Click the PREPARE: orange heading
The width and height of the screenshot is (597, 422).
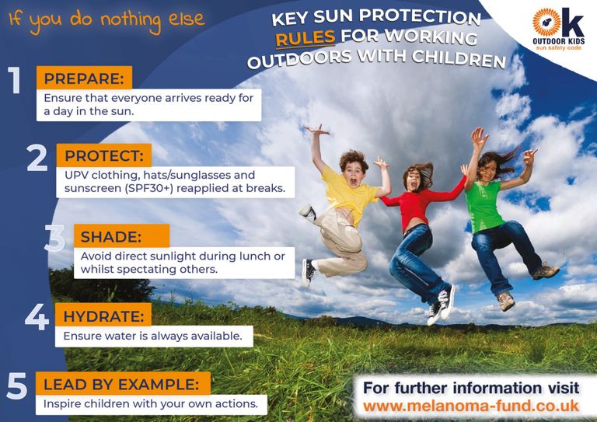tap(84, 78)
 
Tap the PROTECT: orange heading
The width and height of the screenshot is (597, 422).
tap(104, 155)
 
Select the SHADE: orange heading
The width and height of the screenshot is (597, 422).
tap(121, 236)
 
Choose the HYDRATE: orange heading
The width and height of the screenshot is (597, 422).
tap(103, 316)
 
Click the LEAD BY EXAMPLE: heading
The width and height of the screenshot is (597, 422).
tap(123, 384)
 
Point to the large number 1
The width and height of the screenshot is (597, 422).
tap(15, 80)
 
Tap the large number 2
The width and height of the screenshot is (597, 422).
tap(37, 158)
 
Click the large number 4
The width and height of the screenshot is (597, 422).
tap(37, 316)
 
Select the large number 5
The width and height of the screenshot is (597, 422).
tap(17, 385)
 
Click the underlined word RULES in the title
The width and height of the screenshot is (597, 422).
tap(305, 38)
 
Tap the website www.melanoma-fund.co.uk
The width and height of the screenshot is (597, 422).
tap(471, 406)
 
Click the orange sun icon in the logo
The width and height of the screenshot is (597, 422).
tap(546, 23)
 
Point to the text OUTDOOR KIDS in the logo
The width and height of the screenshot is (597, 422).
tap(559, 41)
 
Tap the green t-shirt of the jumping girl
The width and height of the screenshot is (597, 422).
tap(484, 206)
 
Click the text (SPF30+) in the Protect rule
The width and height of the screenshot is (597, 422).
tap(149, 188)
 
